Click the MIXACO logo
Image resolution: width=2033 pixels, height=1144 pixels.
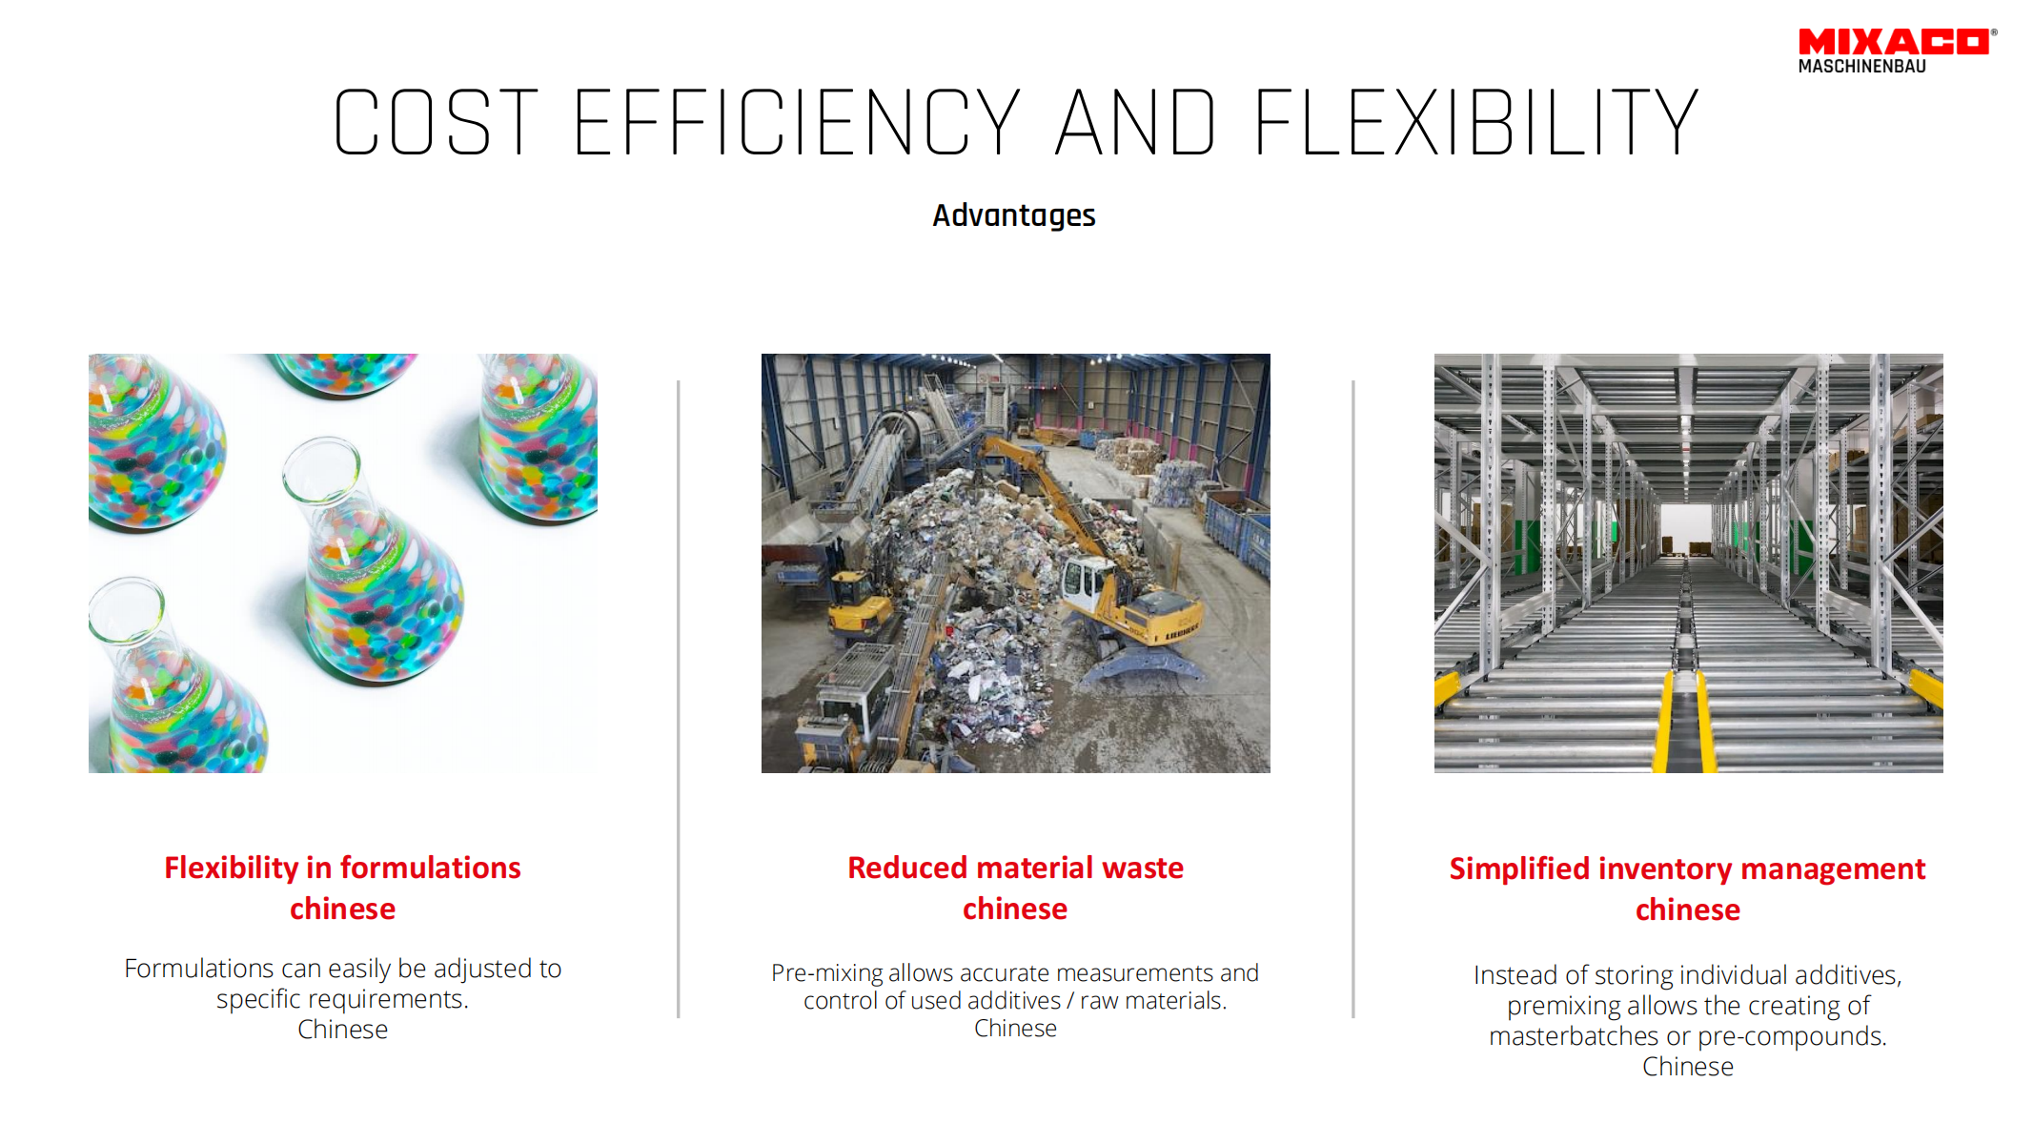[x=1897, y=51]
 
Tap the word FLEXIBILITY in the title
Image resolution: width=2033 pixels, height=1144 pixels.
[x=1476, y=122]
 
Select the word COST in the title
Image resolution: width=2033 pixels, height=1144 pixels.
[x=437, y=122]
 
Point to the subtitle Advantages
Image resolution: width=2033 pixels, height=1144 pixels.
[x=1014, y=215]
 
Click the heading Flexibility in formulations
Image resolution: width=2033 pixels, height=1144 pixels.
[x=342, y=868]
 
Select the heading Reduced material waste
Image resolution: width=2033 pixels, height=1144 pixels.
[x=1015, y=868]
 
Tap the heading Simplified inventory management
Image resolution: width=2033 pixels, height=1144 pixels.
[x=1687, y=868]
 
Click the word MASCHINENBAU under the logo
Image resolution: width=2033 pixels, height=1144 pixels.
[x=1862, y=67]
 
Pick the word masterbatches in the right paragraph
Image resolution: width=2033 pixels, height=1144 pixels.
[x=1574, y=1036]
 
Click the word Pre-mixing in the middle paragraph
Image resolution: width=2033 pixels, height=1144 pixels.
[x=826, y=973]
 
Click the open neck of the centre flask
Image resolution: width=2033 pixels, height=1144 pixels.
[x=321, y=468]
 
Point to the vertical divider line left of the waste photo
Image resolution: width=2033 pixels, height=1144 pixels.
[x=679, y=699]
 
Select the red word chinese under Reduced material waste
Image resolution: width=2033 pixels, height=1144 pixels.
[x=1015, y=909]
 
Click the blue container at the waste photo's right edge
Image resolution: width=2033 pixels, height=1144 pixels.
[x=1238, y=535]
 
